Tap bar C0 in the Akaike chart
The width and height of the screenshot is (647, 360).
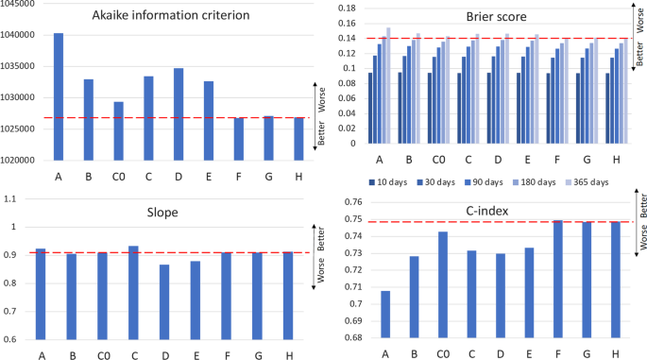click(x=118, y=130)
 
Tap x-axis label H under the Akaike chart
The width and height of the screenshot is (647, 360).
click(x=298, y=176)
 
